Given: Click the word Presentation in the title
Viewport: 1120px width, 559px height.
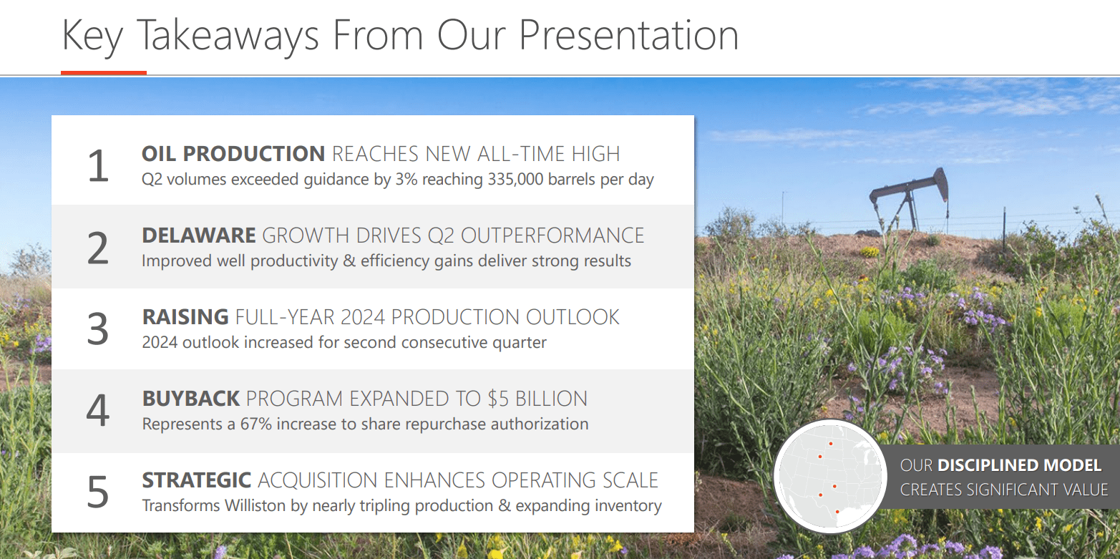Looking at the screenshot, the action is coord(628,35).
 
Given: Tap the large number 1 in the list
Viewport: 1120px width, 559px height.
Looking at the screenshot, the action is coord(98,166).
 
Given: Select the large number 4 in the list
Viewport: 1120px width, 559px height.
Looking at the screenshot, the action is coord(98,411).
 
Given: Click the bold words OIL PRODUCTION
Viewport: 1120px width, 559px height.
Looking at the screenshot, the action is coord(233,154).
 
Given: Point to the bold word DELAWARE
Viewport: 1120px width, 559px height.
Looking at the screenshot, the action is coord(199,235).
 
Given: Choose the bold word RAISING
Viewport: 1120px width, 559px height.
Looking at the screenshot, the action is coord(185,317).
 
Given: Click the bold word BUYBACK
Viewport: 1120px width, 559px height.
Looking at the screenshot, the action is coord(191,399).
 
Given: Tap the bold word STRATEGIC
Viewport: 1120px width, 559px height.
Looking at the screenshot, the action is coord(197,480).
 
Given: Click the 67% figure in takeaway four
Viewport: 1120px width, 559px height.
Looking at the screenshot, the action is coord(256,424).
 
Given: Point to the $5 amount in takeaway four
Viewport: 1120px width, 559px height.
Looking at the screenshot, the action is coord(498,399).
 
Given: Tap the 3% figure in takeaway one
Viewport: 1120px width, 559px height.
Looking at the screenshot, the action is coord(406,180).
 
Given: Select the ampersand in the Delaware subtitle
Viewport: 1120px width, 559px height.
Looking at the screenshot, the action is coord(349,261).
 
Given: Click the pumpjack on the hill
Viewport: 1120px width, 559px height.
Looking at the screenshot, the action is coord(909,199).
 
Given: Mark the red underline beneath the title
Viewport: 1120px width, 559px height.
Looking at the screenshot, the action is coord(104,73).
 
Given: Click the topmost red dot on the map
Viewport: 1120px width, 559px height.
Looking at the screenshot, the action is coord(831,444).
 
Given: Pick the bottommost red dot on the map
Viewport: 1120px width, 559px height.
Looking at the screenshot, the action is coord(837,512).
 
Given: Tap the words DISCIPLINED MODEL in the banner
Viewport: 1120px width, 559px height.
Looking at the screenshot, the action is coord(1020,465).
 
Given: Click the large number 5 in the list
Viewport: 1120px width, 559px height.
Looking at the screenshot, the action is coord(98,492).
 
